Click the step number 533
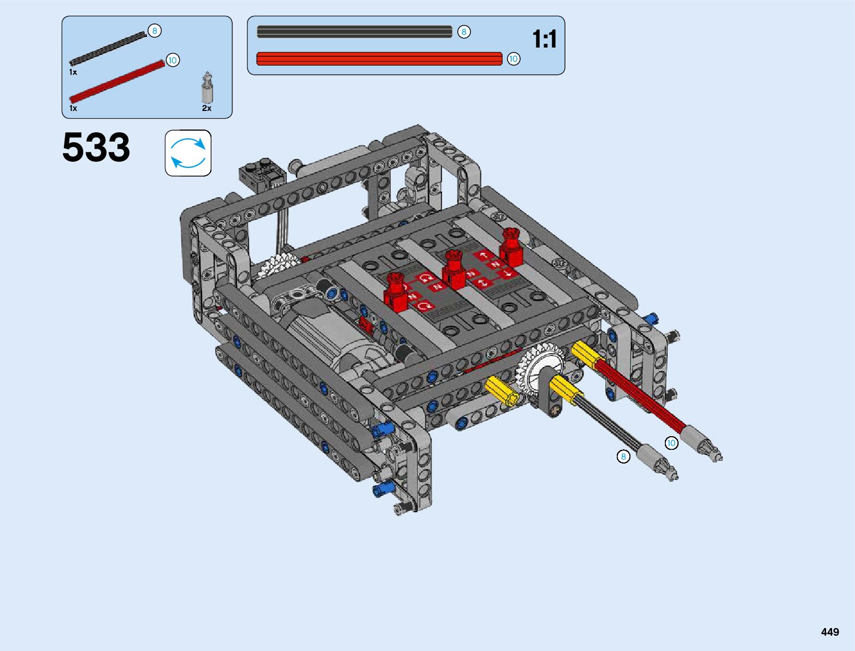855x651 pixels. coord(96,147)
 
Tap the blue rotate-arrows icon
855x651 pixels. coord(188,153)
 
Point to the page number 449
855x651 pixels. coord(830,631)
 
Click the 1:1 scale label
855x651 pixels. coord(545,39)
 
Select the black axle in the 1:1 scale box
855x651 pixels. coord(355,32)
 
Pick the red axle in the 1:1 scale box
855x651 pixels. coord(379,59)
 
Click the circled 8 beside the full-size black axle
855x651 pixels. coord(463,32)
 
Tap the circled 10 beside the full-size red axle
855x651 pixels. coord(514,59)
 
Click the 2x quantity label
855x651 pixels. coord(207,108)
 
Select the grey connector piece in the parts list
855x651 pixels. coord(208,87)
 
